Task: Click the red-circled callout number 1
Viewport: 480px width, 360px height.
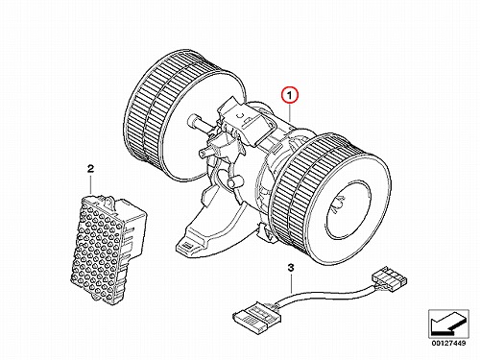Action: [290, 95]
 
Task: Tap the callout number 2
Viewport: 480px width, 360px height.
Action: [90, 169]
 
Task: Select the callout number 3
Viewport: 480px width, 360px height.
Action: [291, 268]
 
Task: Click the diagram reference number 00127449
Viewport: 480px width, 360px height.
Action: [448, 343]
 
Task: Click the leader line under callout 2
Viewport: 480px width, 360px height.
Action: [91, 184]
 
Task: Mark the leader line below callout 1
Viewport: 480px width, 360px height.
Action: [290, 113]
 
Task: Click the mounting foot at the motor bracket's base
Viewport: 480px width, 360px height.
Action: [189, 246]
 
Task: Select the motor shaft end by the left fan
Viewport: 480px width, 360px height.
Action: [195, 122]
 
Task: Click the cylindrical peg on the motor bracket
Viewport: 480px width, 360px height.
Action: [233, 182]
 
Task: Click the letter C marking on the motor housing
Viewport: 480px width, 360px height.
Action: [240, 115]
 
